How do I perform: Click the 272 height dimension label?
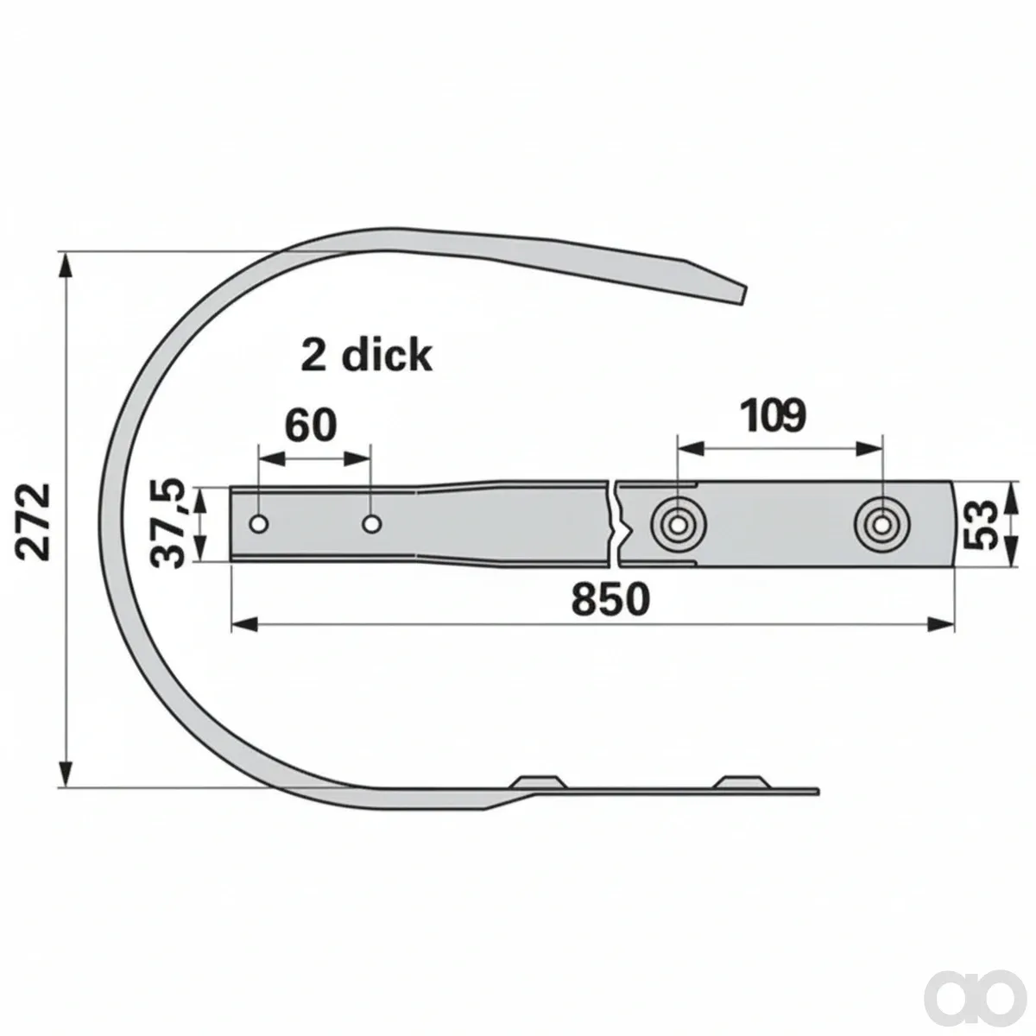point(34,521)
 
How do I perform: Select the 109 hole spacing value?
point(773,415)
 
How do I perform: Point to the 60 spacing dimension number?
point(310,425)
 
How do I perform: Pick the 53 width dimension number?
point(981,524)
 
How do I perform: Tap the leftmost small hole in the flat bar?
point(259,524)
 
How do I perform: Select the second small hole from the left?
point(371,523)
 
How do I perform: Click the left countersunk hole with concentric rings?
point(678,524)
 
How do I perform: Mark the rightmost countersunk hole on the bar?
point(881,524)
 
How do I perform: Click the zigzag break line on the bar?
point(614,522)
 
